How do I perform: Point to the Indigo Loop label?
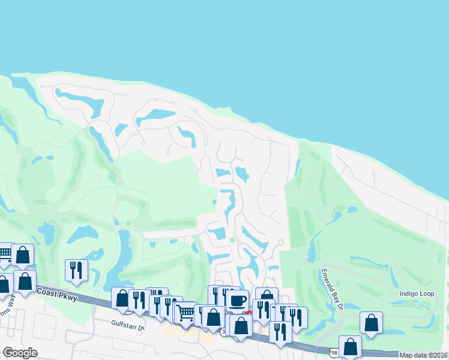click(417, 293)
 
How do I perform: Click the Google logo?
click(20, 353)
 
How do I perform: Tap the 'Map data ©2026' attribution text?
click(423, 355)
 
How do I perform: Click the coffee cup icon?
click(237, 300)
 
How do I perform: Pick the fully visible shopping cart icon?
click(186, 311)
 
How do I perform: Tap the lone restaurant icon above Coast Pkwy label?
click(77, 269)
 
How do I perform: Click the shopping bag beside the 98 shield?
click(350, 346)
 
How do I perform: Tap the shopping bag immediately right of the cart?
click(212, 316)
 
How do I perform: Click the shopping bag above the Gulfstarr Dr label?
click(122, 298)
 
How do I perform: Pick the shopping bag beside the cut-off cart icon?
click(22, 255)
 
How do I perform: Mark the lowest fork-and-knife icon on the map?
click(280, 331)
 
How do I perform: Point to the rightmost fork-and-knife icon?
click(296, 317)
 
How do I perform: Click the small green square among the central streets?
click(233, 241)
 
